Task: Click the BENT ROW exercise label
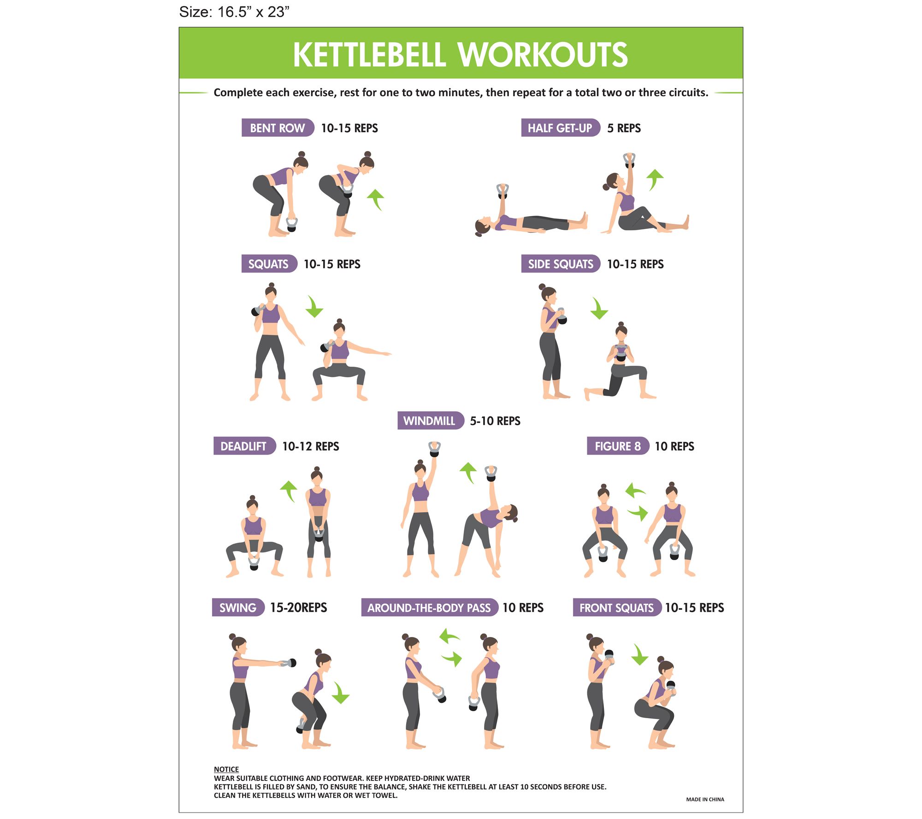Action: pos(278,128)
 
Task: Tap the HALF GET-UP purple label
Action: pos(560,128)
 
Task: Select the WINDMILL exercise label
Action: pos(430,421)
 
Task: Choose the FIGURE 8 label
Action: pos(618,446)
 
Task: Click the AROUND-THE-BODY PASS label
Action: pos(429,608)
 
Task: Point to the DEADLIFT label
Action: pos(244,446)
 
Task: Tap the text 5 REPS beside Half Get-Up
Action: pos(624,128)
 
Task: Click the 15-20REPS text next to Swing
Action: pos(299,608)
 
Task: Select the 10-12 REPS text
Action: pos(311,446)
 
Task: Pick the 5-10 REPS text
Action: pos(495,421)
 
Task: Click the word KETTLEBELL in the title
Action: pos(369,54)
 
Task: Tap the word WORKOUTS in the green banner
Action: pos(543,54)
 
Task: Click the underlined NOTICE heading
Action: pos(226,769)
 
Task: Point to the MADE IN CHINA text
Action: pos(705,800)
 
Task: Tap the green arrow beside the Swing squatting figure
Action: pos(341,692)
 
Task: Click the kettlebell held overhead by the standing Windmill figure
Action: pos(434,449)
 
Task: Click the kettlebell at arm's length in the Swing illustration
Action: pos(289,663)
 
